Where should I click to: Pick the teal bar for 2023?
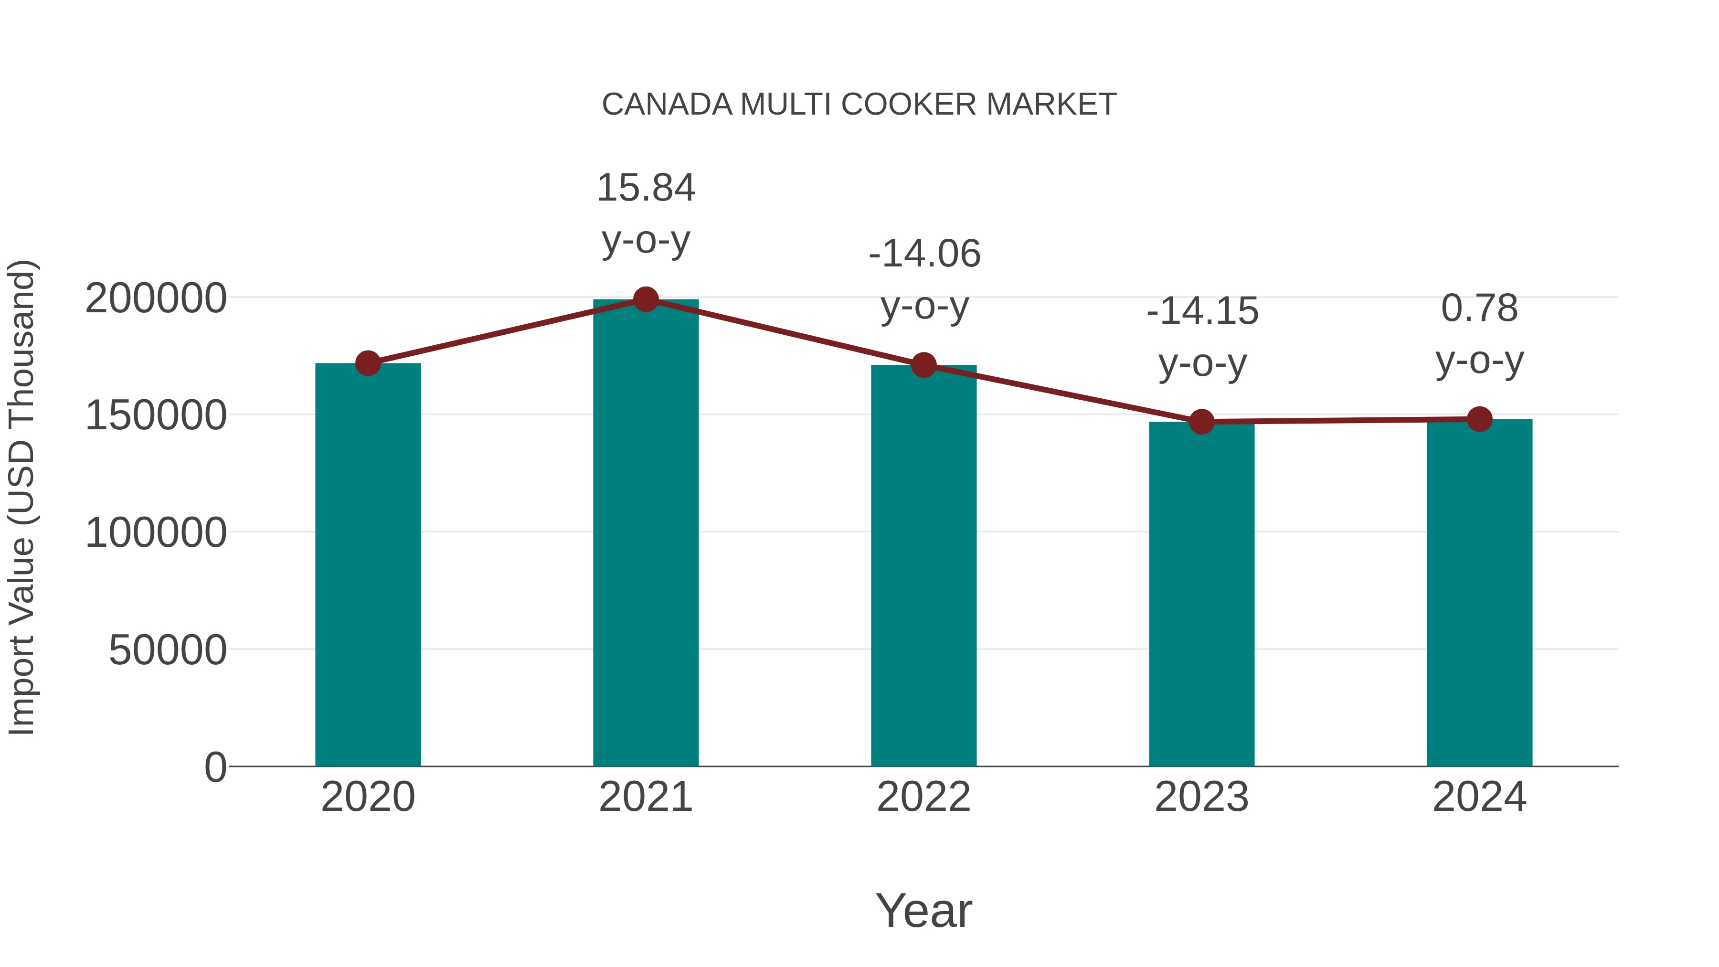click(1201, 594)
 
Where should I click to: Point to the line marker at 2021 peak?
click(645, 299)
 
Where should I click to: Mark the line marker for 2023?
click(1201, 422)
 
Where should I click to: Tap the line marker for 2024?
click(1479, 419)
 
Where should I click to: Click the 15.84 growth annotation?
click(645, 188)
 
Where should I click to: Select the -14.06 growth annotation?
click(924, 254)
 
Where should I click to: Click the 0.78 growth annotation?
click(1479, 308)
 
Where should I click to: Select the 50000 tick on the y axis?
click(168, 650)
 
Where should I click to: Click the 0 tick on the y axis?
click(215, 767)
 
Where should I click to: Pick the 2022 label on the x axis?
click(923, 797)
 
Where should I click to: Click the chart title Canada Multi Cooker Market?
click(859, 105)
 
